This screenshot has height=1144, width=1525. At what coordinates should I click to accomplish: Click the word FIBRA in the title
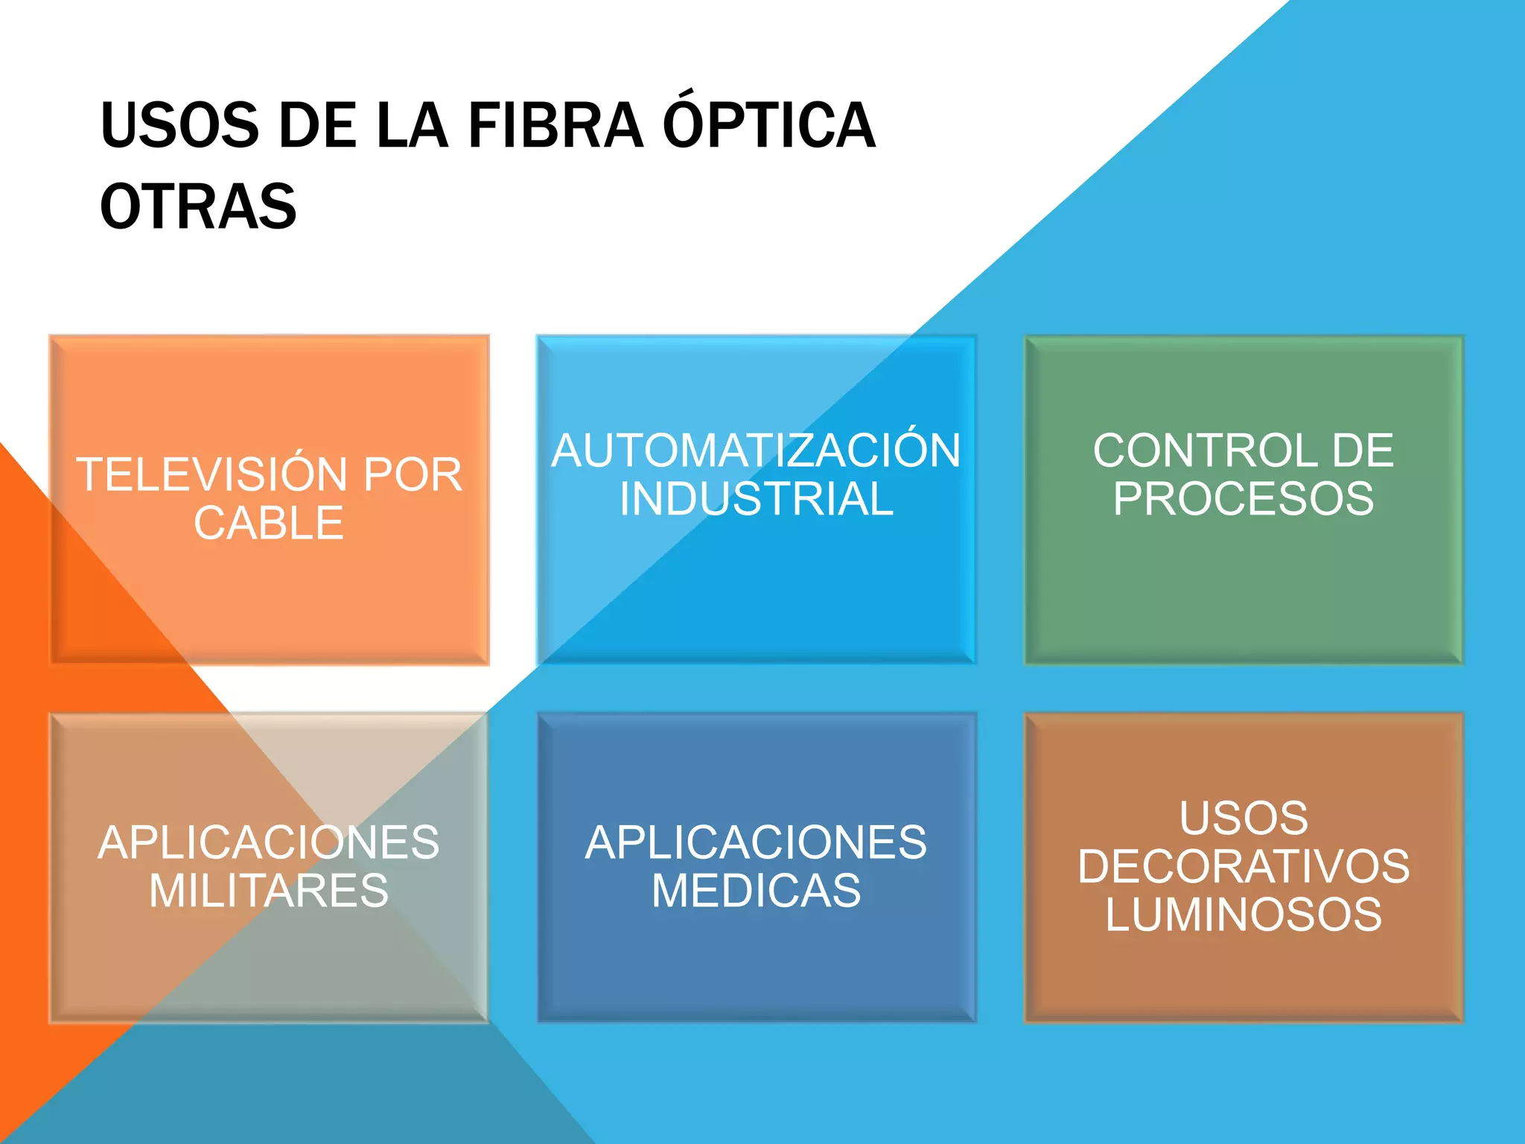[555, 125]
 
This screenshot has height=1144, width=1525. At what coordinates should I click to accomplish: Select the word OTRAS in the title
[198, 206]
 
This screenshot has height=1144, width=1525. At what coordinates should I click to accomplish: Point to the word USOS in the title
[179, 125]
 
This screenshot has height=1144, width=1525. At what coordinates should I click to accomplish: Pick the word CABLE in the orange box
[269, 523]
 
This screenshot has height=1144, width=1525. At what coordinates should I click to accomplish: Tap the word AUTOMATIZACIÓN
[756, 451]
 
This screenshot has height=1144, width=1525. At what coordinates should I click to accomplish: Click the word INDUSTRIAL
[757, 498]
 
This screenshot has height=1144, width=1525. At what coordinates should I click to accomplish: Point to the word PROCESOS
[1244, 498]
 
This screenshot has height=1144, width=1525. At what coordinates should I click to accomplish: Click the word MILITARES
[269, 890]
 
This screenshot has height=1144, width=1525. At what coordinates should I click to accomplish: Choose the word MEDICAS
[757, 890]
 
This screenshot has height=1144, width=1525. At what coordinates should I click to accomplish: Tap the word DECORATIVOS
[1244, 866]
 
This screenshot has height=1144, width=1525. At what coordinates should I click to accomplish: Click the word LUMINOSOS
[1244, 914]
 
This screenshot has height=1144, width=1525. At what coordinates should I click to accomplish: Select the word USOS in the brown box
[1244, 818]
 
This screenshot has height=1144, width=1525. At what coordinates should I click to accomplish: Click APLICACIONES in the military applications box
[269, 842]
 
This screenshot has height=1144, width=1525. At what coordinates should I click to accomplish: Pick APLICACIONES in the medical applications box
[757, 842]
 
